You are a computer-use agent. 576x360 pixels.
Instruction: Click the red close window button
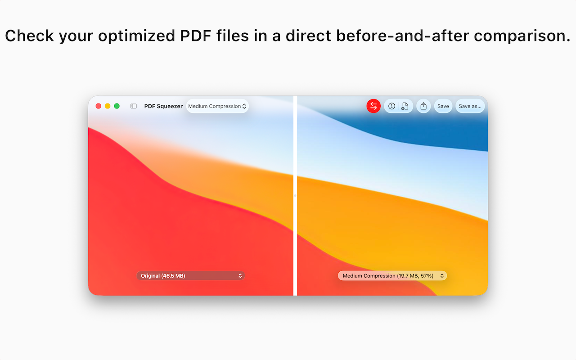click(98, 106)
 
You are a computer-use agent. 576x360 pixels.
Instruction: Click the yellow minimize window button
click(108, 106)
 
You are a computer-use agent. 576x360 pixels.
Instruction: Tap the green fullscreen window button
click(117, 106)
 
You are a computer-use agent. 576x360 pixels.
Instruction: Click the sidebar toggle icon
click(134, 106)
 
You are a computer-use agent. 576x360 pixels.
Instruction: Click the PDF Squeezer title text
click(163, 106)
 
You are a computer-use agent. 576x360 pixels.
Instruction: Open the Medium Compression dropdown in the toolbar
click(217, 106)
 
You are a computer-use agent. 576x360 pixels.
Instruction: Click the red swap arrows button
click(373, 106)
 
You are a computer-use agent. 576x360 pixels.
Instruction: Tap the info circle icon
click(391, 106)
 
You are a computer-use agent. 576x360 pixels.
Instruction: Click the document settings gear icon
click(405, 106)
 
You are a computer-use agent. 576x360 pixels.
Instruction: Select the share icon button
click(423, 106)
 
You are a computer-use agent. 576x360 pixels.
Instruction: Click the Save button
click(443, 106)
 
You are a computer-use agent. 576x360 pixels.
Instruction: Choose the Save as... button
click(470, 106)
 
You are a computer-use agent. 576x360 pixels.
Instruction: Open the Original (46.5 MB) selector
click(190, 276)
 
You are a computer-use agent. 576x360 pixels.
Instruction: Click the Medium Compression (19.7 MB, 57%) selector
click(392, 276)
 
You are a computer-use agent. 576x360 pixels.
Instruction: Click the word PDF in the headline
click(195, 36)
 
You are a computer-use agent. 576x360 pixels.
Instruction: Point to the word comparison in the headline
click(522, 36)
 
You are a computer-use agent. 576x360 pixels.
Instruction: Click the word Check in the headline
click(29, 36)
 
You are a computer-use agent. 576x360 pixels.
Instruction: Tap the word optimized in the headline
click(136, 36)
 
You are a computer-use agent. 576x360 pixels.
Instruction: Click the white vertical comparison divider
click(295, 196)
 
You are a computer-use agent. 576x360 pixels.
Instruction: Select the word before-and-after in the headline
click(403, 36)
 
